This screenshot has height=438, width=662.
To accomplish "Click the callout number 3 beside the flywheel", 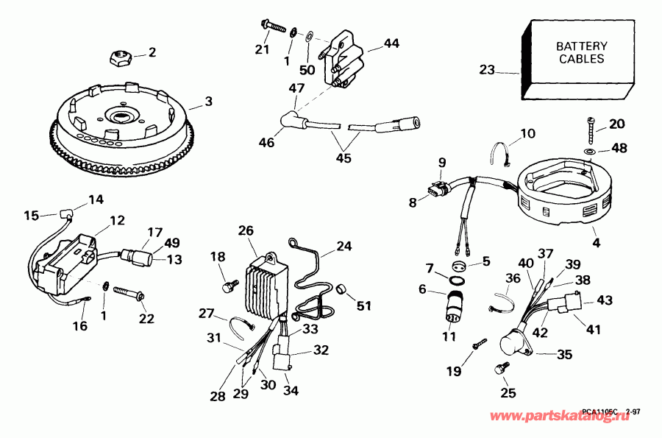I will [x=209, y=100].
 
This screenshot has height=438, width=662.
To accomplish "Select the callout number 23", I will [x=486, y=71].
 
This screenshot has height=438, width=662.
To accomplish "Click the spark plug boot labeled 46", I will [x=291, y=121].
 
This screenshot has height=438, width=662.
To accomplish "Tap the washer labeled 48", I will [x=591, y=150].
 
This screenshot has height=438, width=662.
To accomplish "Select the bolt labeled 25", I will [x=503, y=367].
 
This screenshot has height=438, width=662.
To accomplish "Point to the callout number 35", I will [x=564, y=355].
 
